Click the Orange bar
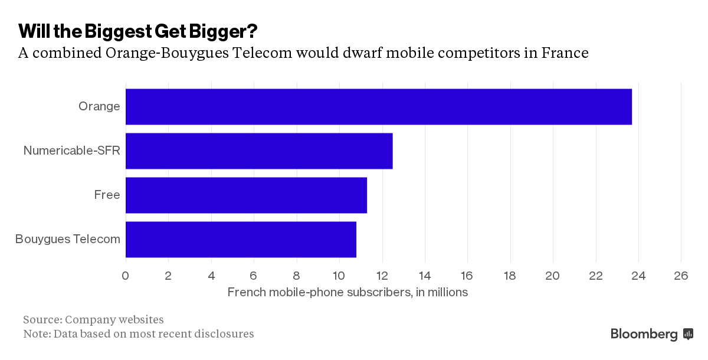378,107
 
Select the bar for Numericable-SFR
259,151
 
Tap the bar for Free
246,195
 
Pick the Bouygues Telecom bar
241,240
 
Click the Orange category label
99,107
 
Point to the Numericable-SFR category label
71,150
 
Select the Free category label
107,195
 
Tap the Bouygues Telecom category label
67,239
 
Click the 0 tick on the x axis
125,276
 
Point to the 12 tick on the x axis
382,276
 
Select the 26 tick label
681,276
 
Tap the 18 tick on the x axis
510,276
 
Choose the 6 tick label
254,276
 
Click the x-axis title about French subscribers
347,292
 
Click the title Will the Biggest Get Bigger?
137,30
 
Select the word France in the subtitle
565,53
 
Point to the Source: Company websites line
93,319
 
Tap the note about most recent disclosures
138,333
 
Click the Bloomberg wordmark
644,334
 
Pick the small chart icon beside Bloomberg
688,334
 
